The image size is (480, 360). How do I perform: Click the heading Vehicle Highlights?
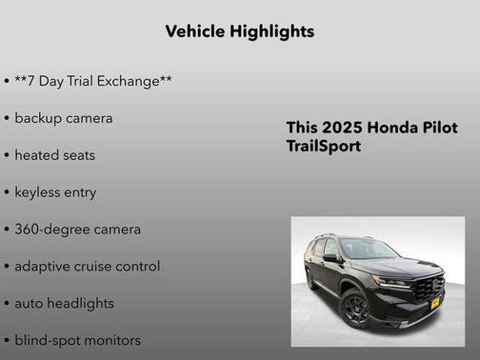tap(239, 31)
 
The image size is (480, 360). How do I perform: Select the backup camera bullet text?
tap(63, 118)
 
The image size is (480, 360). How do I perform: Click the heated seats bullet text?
tap(54, 155)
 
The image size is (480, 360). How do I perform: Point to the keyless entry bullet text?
tap(55, 192)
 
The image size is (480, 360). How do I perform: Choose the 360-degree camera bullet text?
tap(77, 230)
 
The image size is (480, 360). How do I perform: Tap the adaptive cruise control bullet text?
tap(87, 267)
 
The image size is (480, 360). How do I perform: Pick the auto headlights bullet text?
tap(64, 304)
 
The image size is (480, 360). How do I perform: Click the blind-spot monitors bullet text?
tap(77, 340)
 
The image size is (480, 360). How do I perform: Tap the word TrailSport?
tap(324, 147)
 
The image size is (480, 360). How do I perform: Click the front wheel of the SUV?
tap(356, 307)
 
